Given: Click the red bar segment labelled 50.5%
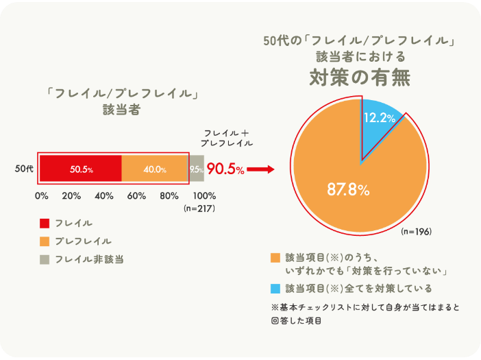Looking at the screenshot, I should tap(80, 169).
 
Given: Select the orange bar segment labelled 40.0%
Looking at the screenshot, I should tap(155, 169).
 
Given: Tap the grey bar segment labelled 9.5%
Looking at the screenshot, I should tap(196, 169).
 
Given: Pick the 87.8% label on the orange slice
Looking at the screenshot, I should tap(348, 190).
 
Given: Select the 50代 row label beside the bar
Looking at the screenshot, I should tap(24, 169).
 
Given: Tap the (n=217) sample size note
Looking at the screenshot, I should tap(201, 208).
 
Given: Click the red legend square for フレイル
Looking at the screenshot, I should tap(45, 223).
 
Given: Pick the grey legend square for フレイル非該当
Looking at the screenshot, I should tap(45, 259).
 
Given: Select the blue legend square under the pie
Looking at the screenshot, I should tap(275, 287).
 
